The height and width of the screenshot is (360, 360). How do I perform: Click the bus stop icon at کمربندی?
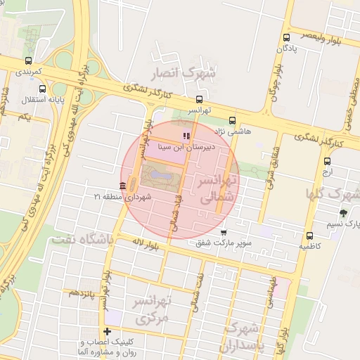pyautogui.click(x=28, y=60)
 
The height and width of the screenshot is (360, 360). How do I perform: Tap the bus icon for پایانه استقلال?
pyautogui.click(x=43, y=89)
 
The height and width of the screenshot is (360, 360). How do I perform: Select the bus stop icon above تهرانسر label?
pyautogui.click(x=200, y=99)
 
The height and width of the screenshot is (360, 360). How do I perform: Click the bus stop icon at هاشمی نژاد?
pyautogui.click(x=233, y=120)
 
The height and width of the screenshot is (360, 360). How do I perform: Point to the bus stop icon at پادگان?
pyautogui.click(x=286, y=38)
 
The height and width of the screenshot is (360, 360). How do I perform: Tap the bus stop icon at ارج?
pyautogui.click(x=326, y=160)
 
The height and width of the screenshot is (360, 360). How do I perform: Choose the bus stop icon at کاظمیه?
pyautogui.click(x=309, y=236)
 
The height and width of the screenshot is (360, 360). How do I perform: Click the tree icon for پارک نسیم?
pyautogui.click(x=343, y=212)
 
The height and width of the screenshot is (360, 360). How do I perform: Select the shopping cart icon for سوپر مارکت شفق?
pyautogui.click(x=224, y=232)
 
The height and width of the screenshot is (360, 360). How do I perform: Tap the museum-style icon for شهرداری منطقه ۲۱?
pyautogui.click(x=123, y=186)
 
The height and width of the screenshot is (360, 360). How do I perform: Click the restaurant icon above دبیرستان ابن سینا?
pyautogui.click(x=186, y=136)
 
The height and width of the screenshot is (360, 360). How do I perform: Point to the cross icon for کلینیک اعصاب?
pyautogui.click(x=107, y=331)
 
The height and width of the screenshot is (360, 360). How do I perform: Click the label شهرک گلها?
pyautogui.click(x=333, y=193)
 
